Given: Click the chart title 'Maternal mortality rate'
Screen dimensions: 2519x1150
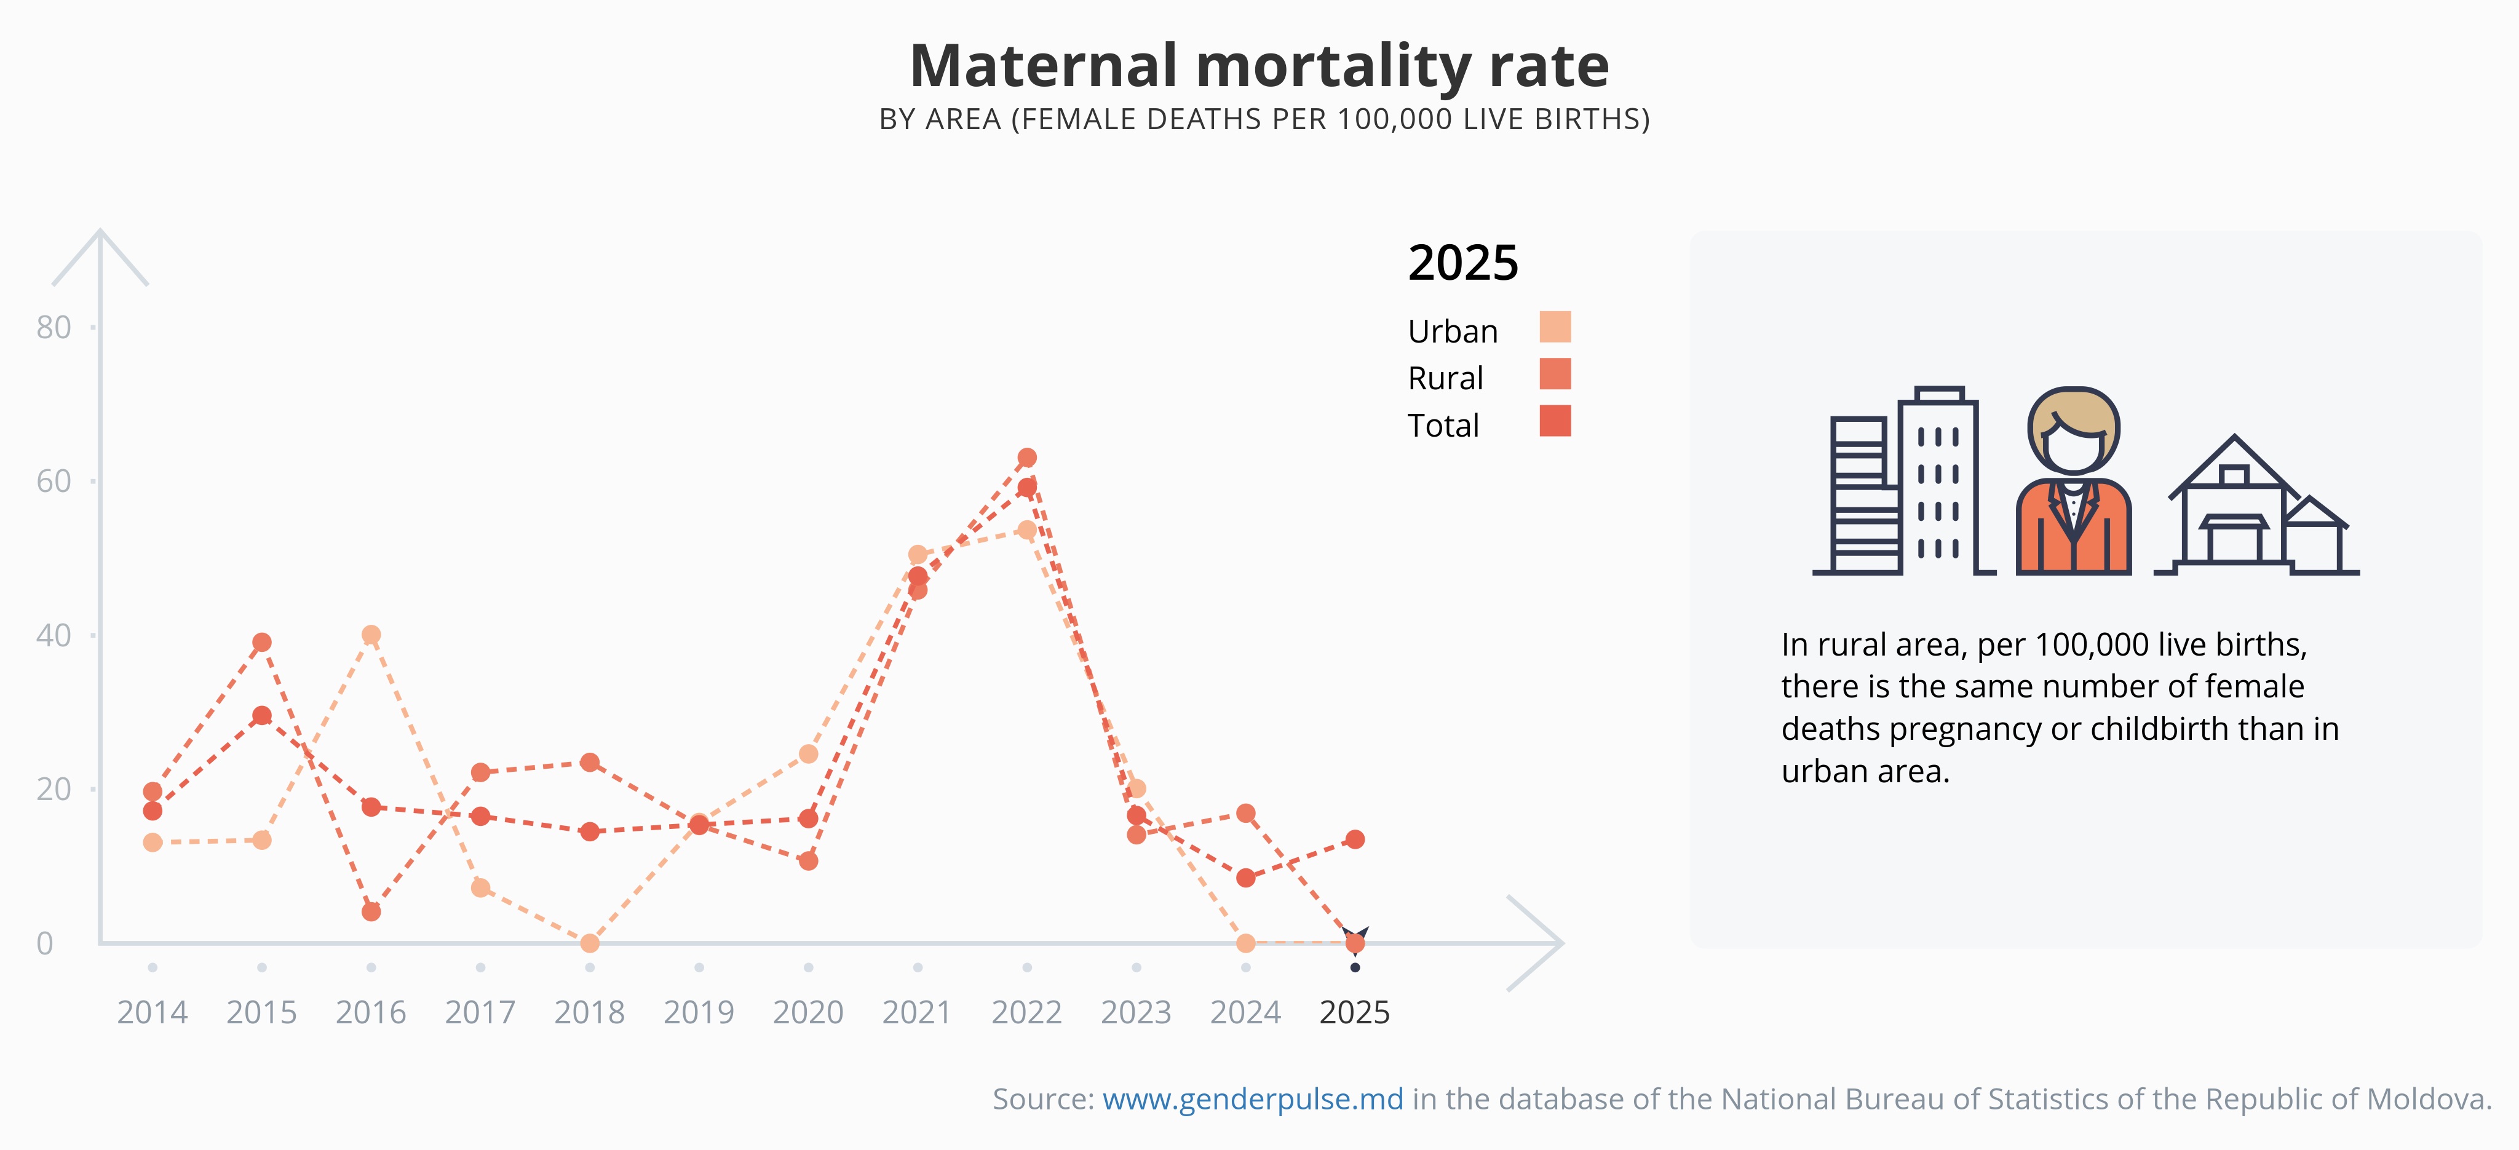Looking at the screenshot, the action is (x=1259, y=66).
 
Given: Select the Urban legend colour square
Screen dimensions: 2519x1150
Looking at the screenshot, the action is (x=1555, y=327).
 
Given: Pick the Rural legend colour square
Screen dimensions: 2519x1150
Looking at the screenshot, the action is (x=1555, y=373).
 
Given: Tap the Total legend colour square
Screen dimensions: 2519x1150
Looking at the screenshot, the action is (x=1555, y=421).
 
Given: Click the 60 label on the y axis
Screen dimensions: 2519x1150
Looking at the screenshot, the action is (x=54, y=481).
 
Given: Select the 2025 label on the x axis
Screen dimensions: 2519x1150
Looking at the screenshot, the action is (x=1354, y=1012).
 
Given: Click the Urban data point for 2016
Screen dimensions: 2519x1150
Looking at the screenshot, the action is (x=371, y=635).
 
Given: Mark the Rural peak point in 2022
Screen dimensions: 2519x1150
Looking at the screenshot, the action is (x=1027, y=458).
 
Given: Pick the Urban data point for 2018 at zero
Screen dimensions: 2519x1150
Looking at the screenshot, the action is (x=590, y=943).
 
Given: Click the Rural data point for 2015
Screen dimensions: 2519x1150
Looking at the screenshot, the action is (x=261, y=643).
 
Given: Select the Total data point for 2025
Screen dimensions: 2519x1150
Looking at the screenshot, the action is (x=1354, y=839).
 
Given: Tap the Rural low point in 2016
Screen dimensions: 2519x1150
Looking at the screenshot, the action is (x=371, y=911).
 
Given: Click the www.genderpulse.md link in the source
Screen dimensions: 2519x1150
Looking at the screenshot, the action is (x=1253, y=1099).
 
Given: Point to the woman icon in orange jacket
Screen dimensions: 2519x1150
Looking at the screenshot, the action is (x=2073, y=480).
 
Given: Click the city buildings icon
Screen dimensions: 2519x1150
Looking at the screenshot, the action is (x=1902, y=480).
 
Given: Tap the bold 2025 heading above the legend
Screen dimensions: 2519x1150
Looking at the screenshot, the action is (x=1463, y=262).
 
